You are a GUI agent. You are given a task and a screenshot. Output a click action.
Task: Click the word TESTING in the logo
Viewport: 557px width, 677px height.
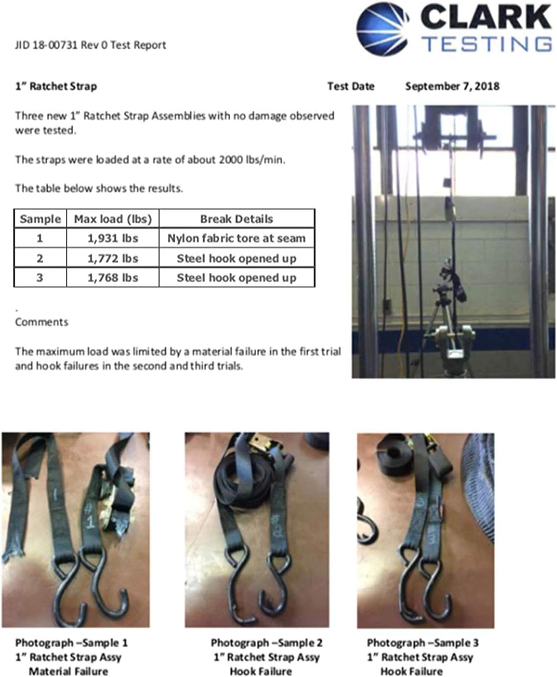(487, 44)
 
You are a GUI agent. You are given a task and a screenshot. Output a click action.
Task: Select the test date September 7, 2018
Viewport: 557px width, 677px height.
(452, 86)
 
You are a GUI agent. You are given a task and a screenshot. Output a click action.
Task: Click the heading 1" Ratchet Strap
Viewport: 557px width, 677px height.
(56, 86)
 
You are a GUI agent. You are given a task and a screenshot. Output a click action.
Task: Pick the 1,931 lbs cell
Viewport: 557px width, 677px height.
(112, 238)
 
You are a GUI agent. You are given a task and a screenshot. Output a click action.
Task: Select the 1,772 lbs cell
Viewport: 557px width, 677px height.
(112, 258)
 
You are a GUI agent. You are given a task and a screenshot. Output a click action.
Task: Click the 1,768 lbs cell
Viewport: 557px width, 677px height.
(112, 278)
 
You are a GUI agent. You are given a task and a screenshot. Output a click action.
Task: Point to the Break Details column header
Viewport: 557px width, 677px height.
(236, 219)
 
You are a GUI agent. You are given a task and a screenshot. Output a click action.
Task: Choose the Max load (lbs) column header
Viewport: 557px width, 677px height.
(112, 219)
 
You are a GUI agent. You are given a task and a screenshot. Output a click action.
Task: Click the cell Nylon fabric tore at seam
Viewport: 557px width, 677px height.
(236, 238)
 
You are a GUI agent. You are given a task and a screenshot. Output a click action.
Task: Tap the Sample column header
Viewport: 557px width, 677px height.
(40, 219)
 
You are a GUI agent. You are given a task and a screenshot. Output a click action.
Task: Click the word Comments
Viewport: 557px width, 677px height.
(42, 322)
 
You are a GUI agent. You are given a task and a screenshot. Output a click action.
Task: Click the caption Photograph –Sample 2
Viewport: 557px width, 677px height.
(266, 642)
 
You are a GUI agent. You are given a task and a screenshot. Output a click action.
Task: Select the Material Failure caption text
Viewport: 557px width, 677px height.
(68, 671)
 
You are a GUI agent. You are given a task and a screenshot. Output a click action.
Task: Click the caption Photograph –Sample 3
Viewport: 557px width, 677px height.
(422, 642)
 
